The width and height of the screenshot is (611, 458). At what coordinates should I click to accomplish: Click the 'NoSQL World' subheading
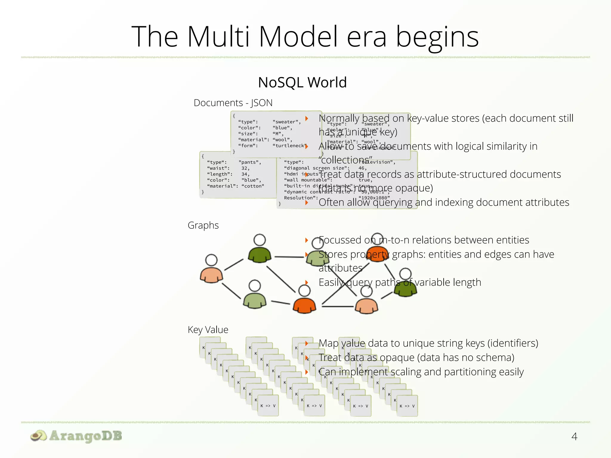coord(302,83)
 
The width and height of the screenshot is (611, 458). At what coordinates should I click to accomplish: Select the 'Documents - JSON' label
coord(233,103)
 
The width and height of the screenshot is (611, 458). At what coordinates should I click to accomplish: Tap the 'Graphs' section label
coord(203,225)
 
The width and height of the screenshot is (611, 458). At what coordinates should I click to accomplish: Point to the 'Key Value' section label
coord(208,330)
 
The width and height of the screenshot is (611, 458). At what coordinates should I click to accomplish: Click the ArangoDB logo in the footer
coord(76,436)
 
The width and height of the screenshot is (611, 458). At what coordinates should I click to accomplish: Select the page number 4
coord(574,437)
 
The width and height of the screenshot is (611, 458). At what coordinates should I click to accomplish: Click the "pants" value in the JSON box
coord(250,162)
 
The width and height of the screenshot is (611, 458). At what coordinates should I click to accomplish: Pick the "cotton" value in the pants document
coord(253,186)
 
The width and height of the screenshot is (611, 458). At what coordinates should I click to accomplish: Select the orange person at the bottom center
coord(304,304)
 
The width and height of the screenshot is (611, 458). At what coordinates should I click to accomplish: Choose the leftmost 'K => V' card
coord(268,406)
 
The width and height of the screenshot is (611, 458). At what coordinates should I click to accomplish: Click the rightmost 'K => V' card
coord(407,406)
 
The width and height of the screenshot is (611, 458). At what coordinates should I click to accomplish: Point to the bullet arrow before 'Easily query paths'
coord(306,282)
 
